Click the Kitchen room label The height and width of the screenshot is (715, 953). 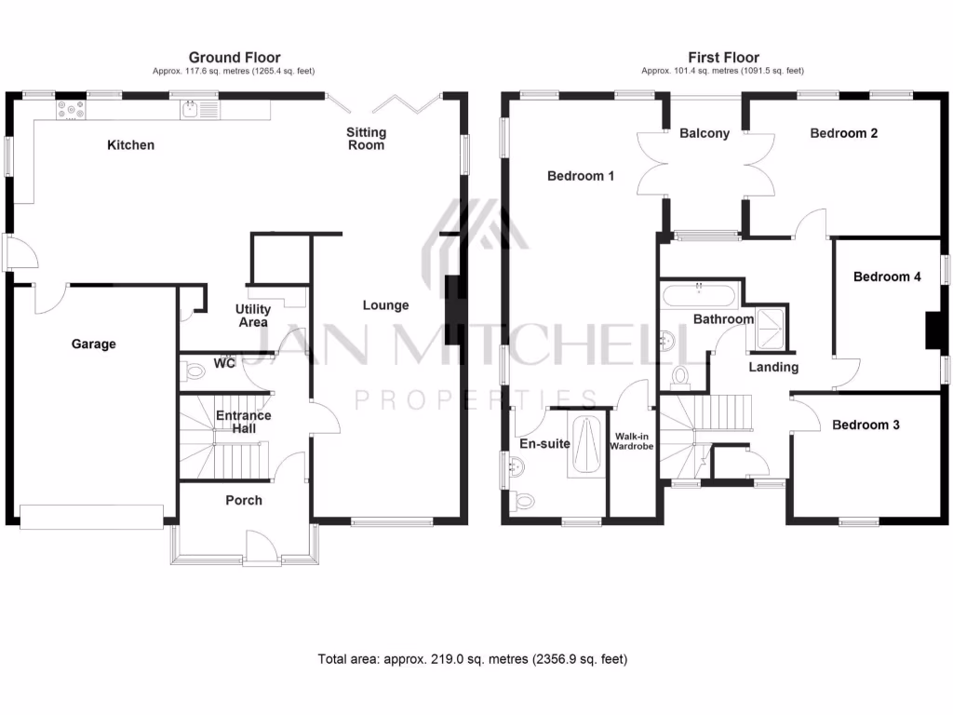click(130, 145)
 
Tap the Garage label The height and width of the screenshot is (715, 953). click(94, 344)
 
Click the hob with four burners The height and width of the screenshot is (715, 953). click(71, 110)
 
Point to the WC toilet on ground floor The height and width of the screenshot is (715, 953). click(194, 372)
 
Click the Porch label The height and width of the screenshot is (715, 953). click(244, 501)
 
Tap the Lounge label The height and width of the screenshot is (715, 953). click(385, 305)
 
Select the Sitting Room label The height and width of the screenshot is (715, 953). click(365, 139)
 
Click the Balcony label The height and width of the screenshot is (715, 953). click(705, 134)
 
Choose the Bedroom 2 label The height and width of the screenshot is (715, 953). click(843, 134)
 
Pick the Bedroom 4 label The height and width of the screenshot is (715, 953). click(887, 277)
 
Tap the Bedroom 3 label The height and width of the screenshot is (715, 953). click(866, 425)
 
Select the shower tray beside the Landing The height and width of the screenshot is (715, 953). click(770, 326)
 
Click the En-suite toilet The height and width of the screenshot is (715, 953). click(525, 500)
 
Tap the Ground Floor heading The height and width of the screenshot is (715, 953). click(235, 58)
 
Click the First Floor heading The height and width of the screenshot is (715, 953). click(723, 58)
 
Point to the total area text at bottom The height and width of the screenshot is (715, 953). click(473, 660)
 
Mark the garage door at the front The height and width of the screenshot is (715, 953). click(92, 516)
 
